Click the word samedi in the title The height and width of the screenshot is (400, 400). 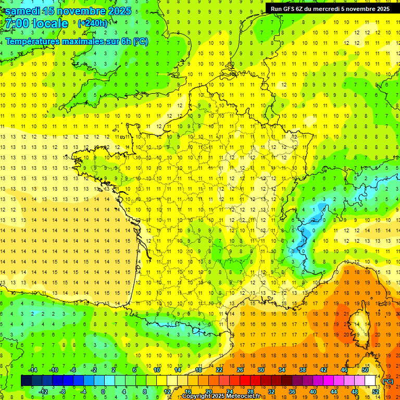[x=23, y=11]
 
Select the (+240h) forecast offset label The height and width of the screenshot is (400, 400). [x=92, y=23]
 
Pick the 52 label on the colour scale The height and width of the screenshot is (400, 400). [x=375, y=392]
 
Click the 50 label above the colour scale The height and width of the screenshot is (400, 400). [x=365, y=370]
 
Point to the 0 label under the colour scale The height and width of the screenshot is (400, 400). [x=103, y=392]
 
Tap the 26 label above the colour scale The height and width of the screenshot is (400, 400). [x=240, y=370]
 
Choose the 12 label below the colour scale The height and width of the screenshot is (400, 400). [x=167, y=392]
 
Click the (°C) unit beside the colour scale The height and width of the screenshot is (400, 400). [x=388, y=381]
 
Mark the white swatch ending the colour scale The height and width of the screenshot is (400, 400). [x=370, y=381]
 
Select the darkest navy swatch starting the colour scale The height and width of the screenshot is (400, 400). [x=26, y=381]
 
